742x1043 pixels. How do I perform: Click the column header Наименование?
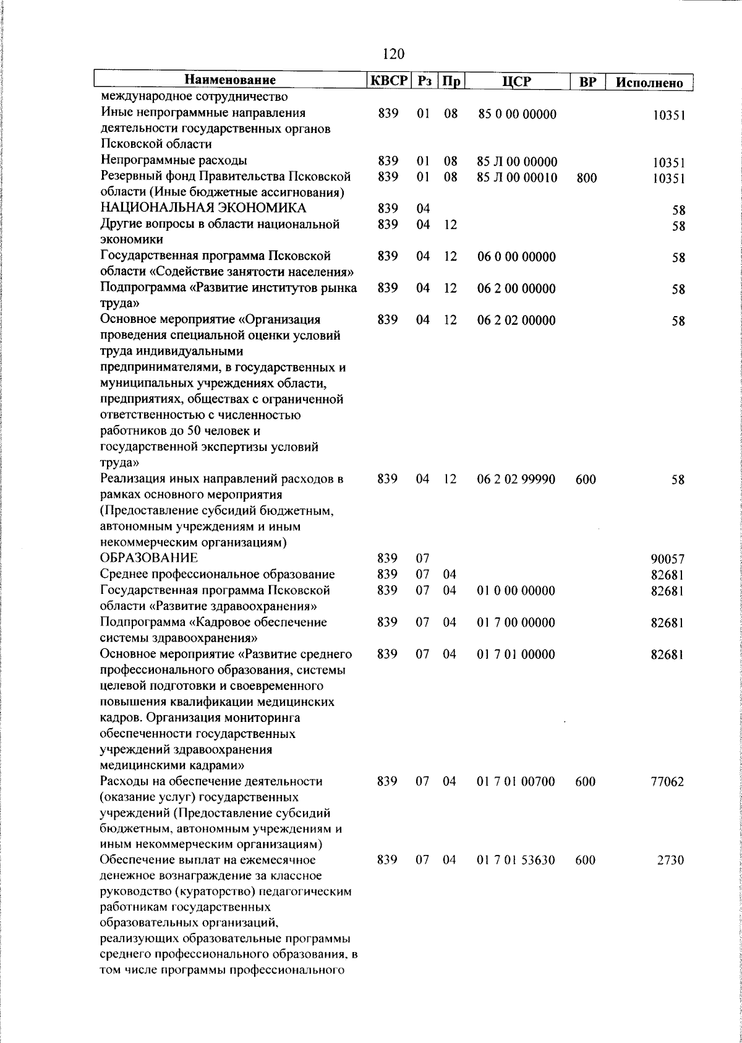[229, 80]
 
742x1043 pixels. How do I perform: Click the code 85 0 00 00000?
[517, 114]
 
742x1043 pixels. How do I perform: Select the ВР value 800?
[586, 179]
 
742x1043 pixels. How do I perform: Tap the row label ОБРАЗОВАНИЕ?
[149, 559]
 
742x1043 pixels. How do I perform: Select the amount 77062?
[667, 782]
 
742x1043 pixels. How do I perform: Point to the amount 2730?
[670, 861]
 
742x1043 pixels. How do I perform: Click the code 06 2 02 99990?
[516, 479]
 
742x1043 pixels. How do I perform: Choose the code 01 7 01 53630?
[516, 861]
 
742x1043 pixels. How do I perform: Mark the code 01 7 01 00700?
[516, 781]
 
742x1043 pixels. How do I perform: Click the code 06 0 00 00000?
[516, 257]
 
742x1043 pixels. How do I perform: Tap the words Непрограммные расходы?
[174, 161]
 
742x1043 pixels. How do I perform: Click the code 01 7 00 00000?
[516, 622]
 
